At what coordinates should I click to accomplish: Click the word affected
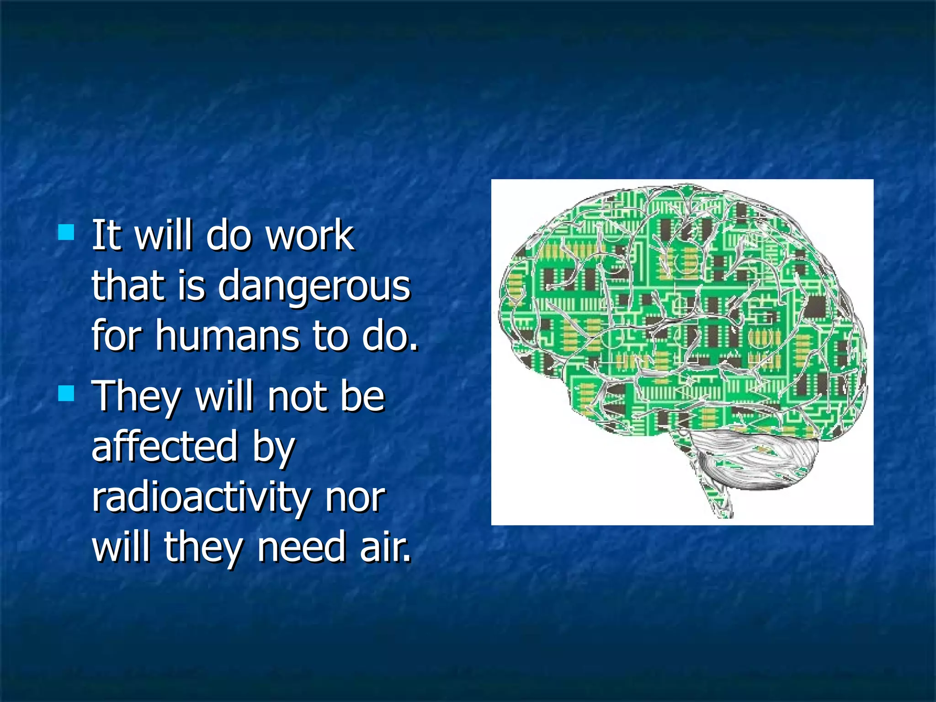165,447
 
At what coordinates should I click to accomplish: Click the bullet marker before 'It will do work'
66,233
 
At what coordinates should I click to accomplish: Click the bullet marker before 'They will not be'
66,393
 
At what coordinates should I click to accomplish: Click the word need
301,548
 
